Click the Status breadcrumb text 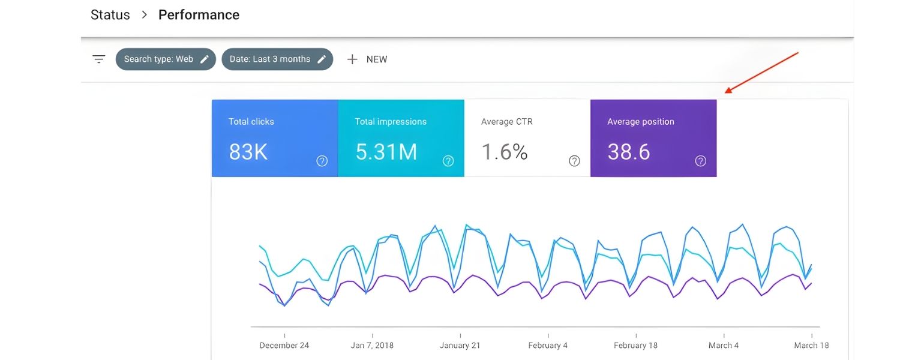tap(110, 15)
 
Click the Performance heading tap(199, 15)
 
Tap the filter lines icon tap(99, 59)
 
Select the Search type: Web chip tap(158, 59)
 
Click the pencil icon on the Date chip tap(322, 59)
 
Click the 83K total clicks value tap(248, 152)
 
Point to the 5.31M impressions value tap(386, 152)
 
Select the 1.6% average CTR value tap(504, 152)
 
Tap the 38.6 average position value tap(628, 152)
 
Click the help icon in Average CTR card tap(574, 161)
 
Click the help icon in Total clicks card tap(322, 161)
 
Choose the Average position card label tap(640, 121)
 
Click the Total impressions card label tap(391, 121)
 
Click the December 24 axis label tap(284, 345)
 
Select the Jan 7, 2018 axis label tap(372, 345)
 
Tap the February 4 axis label tap(548, 345)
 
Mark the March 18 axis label tap(811, 345)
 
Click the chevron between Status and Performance tap(144, 15)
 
